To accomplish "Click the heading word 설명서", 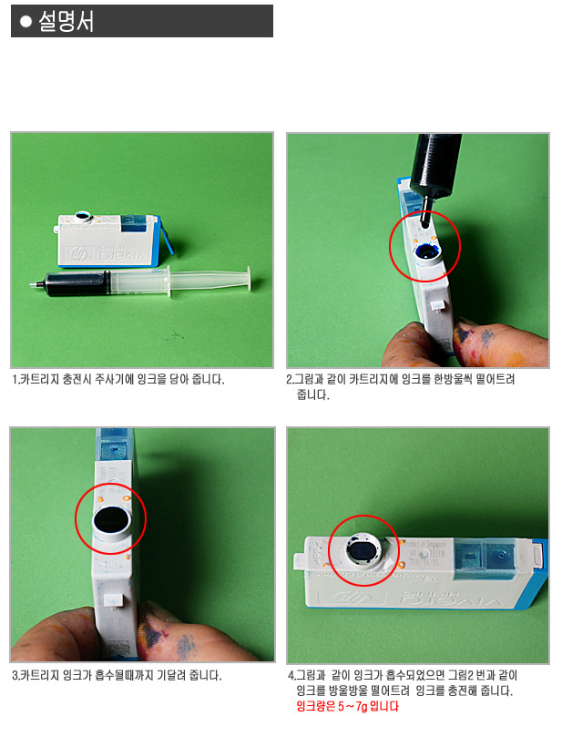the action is click(x=66, y=22).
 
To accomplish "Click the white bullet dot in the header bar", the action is click(x=26, y=22).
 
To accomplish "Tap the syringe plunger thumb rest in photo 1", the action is click(x=249, y=279).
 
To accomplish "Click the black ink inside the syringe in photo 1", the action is click(x=78, y=283).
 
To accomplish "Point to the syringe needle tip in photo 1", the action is click(x=31, y=284).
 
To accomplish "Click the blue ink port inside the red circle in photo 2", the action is click(x=427, y=253).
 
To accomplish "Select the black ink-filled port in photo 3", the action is click(x=111, y=520).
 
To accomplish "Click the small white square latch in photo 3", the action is click(x=113, y=599).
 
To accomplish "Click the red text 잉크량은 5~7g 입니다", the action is click(x=347, y=706).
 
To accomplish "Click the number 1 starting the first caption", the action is click(x=15, y=379).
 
